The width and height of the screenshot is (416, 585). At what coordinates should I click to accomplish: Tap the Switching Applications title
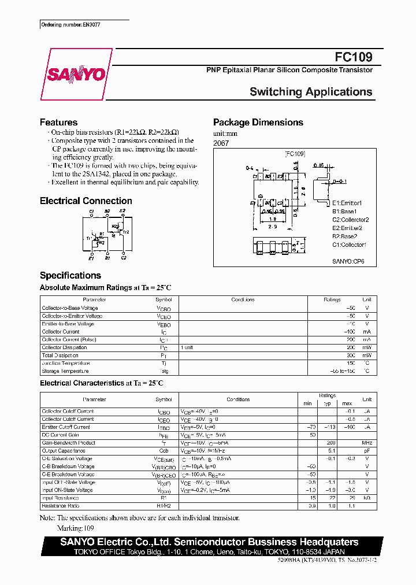[311, 92]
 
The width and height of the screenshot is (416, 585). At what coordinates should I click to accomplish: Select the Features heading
[58, 123]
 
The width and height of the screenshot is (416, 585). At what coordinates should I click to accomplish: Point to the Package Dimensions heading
[258, 123]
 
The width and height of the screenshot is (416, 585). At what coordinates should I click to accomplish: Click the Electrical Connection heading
[86, 201]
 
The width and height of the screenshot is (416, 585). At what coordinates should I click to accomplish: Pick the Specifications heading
[70, 276]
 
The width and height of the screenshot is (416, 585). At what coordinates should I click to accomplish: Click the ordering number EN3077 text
[67, 25]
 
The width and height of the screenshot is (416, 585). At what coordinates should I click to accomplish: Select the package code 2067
[221, 143]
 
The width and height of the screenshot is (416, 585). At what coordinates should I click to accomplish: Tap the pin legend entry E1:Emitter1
[347, 203]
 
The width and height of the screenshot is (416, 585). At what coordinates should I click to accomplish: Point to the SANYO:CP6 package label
[348, 261]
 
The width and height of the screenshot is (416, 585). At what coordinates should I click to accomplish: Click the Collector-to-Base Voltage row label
[69, 308]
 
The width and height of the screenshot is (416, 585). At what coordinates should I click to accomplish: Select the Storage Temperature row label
[65, 371]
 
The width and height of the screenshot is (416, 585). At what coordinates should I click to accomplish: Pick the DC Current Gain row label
[60, 435]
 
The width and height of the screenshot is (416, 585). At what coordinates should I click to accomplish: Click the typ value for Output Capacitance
[331, 451]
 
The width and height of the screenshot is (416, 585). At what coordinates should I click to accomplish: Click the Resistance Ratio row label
[61, 506]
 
